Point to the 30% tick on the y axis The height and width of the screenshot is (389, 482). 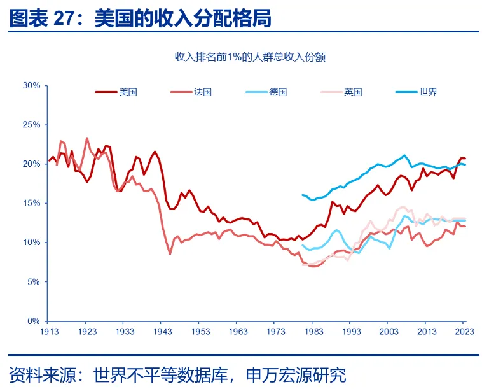pyautogui.click(x=31, y=85)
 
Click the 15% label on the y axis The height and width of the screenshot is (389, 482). pyautogui.click(x=31, y=203)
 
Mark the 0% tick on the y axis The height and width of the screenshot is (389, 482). pyautogui.click(x=34, y=321)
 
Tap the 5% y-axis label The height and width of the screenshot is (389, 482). pyautogui.click(x=34, y=281)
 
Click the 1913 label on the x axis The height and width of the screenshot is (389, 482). pyautogui.click(x=49, y=332)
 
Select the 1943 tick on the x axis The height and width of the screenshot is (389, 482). pyautogui.click(x=163, y=332)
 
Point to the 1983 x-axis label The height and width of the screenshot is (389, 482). pyautogui.click(x=314, y=332)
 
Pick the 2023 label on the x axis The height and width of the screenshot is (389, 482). pyautogui.click(x=465, y=332)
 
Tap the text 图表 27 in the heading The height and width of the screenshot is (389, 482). pyautogui.click(x=42, y=18)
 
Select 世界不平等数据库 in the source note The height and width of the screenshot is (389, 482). pyautogui.click(x=159, y=374)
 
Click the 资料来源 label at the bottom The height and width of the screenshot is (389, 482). pyautogui.click(x=39, y=374)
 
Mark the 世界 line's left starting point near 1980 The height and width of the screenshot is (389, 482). pyautogui.click(x=302, y=195)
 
